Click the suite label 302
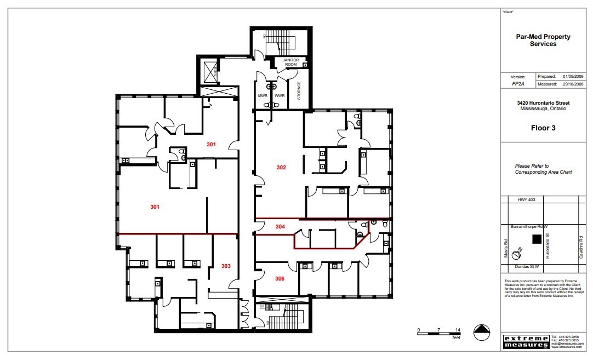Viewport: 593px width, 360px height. pos(281,167)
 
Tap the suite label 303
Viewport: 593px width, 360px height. pos(226,266)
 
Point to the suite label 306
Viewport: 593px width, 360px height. pos(280,278)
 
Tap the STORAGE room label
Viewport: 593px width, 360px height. pos(299,91)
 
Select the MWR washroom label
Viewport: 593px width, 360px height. pos(263,96)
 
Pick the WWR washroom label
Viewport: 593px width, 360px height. pos(280,96)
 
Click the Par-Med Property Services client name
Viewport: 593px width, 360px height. pos(543,41)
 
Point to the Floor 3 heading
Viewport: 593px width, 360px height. pos(543,128)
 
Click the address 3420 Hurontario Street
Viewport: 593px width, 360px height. pos(543,103)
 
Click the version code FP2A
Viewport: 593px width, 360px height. pos(518,85)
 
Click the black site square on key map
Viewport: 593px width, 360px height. pos(537,239)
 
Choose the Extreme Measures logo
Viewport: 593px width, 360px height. pos(526,341)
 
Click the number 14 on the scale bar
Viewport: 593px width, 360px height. pos(457,330)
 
